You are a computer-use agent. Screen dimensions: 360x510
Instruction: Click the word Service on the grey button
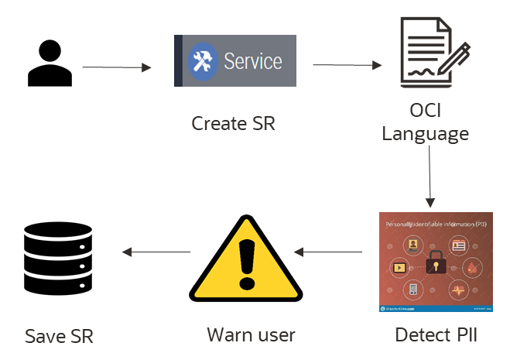(253, 60)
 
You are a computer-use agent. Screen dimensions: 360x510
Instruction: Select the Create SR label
(232, 123)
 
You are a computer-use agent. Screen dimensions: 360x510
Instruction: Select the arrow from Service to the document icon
(347, 66)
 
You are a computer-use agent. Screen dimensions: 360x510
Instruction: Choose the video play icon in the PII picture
(400, 267)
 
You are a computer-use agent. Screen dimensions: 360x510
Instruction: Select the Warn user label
(251, 335)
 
